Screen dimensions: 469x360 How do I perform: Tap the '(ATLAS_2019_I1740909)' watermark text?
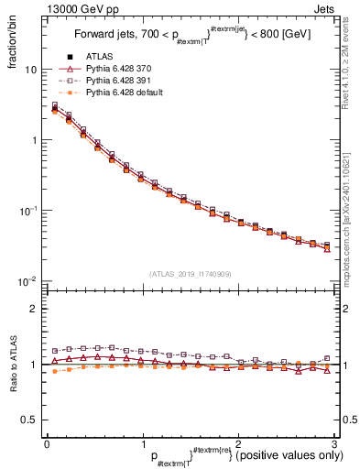pyautogui.click(x=190, y=274)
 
